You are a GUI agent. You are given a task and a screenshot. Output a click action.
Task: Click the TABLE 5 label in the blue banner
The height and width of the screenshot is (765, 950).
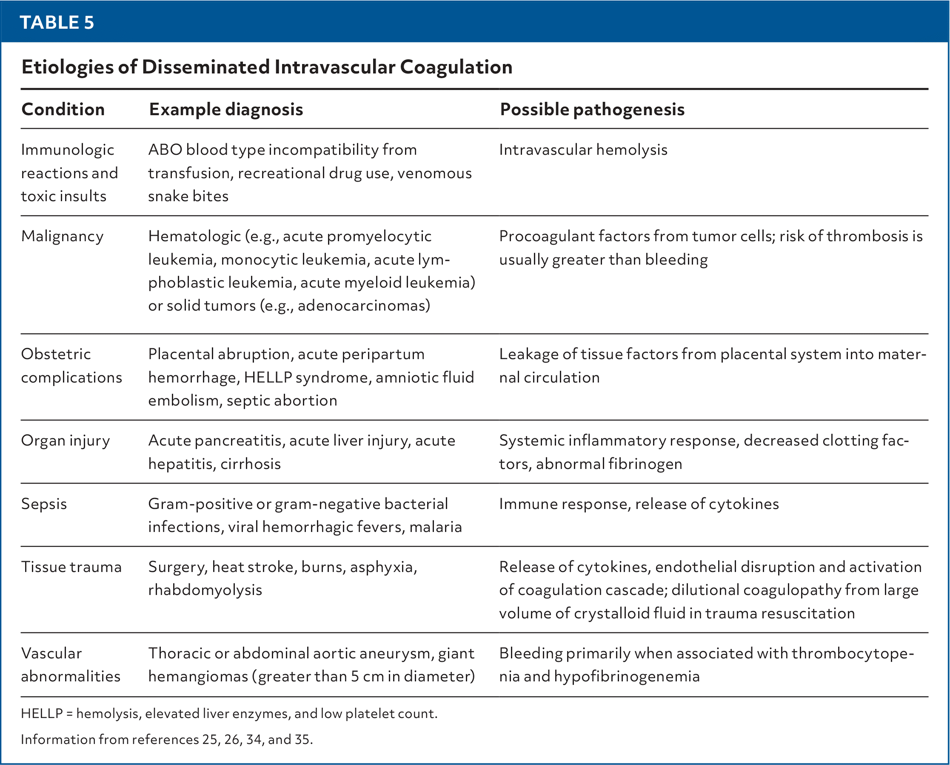click(x=57, y=23)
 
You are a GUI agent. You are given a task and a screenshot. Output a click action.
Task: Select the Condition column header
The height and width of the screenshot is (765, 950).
click(x=63, y=110)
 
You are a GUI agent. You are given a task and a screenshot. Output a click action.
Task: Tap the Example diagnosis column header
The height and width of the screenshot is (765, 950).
click(x=226, y=110)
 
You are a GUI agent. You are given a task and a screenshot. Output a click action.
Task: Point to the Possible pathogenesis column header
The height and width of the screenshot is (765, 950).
click(x=592, y=110)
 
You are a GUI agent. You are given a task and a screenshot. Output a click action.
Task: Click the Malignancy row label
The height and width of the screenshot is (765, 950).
click(x=62, y=237)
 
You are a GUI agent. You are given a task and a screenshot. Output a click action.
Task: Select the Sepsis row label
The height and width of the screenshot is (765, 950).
click(x=44, y=504)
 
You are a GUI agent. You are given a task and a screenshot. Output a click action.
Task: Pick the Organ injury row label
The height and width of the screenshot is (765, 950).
click(x=66, y=441)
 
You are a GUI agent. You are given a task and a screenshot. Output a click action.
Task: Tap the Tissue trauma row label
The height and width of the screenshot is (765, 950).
click(x=71, y=567)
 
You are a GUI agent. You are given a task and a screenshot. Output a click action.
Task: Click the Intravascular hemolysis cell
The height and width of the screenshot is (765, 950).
click(x=583, y=150)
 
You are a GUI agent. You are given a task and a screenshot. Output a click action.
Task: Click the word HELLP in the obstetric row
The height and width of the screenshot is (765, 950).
click(x=268, y=378)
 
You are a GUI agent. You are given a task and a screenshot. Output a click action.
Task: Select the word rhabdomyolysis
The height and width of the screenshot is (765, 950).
click(x=205, y=590)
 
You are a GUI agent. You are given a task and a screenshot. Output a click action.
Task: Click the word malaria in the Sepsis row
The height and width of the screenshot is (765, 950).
click(x=435, y=527)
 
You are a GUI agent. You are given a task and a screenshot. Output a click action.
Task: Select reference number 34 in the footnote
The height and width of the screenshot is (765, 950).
click(x=254, y=739)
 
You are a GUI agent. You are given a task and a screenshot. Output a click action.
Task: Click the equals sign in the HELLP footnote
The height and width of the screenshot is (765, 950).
click(x=70, y=714)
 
